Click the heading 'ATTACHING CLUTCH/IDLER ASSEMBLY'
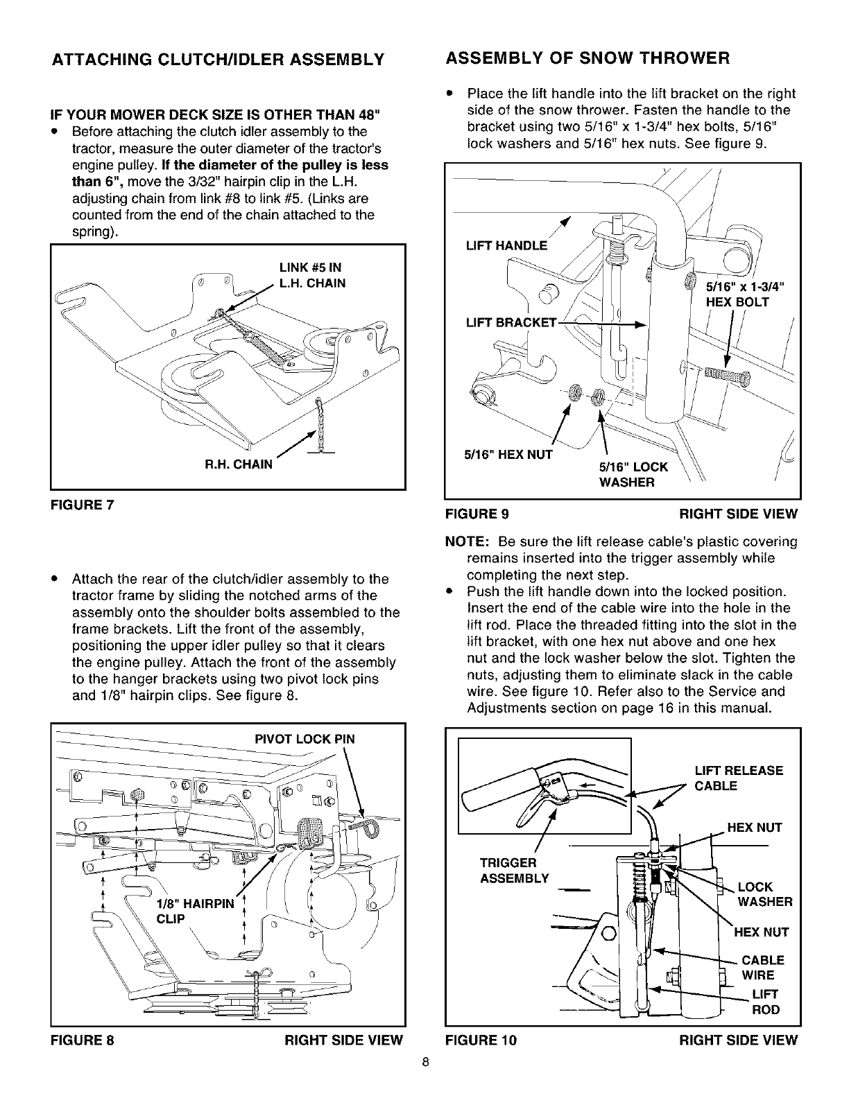click(x=218, y=59)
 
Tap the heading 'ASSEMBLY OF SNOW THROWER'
click(x=588, y=58)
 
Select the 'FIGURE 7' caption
click(x=82, y=505)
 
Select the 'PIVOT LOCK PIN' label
click(x=305, y=739)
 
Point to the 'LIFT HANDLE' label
click(x=505, y=245)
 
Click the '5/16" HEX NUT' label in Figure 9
click(x=508, y=455)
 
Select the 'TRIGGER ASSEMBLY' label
click(x=514, y=871)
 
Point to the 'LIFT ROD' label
click(x=766, y=1002)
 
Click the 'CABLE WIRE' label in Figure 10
click(x=762, y=968)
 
